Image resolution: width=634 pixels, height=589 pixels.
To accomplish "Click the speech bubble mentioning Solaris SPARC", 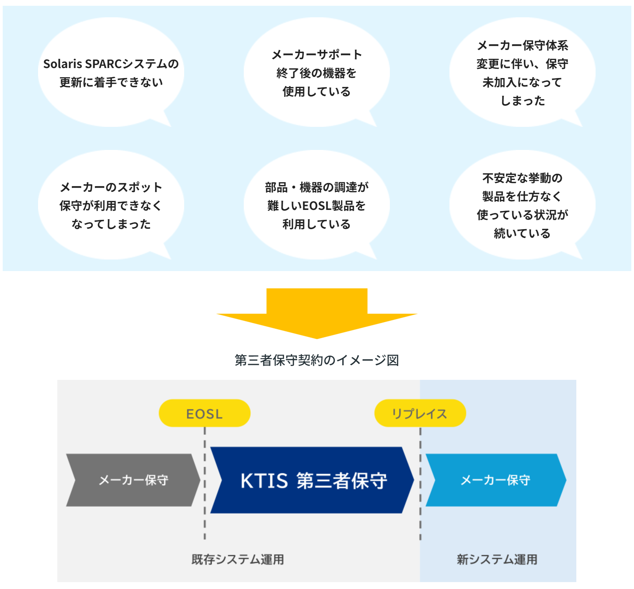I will pos(111,73).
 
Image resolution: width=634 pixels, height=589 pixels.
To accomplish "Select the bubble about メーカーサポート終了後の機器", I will pos(316,73).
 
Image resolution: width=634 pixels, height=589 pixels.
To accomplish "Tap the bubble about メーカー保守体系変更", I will pos(522,73).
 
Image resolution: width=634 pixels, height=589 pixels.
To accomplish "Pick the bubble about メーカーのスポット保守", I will pos(111,205).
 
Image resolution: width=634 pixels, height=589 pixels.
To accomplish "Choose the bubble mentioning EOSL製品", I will pos(316,205).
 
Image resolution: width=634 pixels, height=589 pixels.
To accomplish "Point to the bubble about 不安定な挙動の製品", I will pos(522,205).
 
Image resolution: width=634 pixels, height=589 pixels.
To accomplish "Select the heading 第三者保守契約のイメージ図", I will pos(316,360).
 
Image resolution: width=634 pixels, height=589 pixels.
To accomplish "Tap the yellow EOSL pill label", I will pos(205,413).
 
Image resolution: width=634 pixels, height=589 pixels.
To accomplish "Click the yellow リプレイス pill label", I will pos(420,413).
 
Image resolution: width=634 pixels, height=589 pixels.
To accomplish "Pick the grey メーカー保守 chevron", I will pos(133,480).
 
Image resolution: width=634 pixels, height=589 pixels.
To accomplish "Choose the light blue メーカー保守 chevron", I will pos(495,480).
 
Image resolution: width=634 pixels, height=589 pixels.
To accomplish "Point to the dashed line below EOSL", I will pos(205,531).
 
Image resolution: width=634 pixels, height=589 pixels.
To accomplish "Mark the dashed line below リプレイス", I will pos(420,531).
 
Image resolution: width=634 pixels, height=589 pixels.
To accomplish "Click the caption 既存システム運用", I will pos(238,559).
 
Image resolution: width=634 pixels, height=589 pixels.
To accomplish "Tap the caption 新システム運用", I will pos(497,559).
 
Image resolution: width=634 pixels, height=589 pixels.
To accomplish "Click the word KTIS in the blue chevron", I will pos(264,481).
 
